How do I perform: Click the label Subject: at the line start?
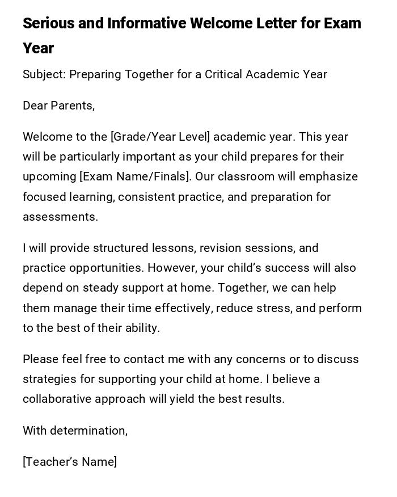(x=44, y=74)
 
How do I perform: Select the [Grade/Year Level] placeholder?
(x=161, y=137)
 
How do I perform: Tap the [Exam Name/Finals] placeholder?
(x=135, y=176)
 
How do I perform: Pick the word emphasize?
(x=328, y=176)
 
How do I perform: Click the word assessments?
(x=60, y=217)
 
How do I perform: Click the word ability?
(x=141, y=328)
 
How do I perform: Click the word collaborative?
(x=57, y=399)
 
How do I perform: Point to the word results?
(x=265, y=399)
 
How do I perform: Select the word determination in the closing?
(x=88, y=431)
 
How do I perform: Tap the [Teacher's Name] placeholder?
(x=70, y=462)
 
